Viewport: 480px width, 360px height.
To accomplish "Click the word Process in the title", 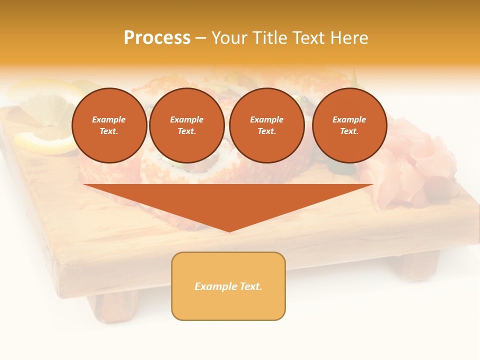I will (x=157, y=38).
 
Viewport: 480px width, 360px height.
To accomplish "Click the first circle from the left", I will (x=109, y=125).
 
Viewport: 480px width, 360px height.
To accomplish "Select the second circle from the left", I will (x=186, y=125).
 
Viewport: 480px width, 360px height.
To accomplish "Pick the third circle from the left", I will (x=266, y=125).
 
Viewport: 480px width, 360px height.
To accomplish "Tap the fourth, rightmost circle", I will (x=349, y=125).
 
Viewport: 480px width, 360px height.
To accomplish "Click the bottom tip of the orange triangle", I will (x=229, y=230).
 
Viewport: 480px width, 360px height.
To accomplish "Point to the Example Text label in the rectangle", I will (x=228, y=286).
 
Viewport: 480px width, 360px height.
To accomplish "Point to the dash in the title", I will (x=200, y=38).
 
